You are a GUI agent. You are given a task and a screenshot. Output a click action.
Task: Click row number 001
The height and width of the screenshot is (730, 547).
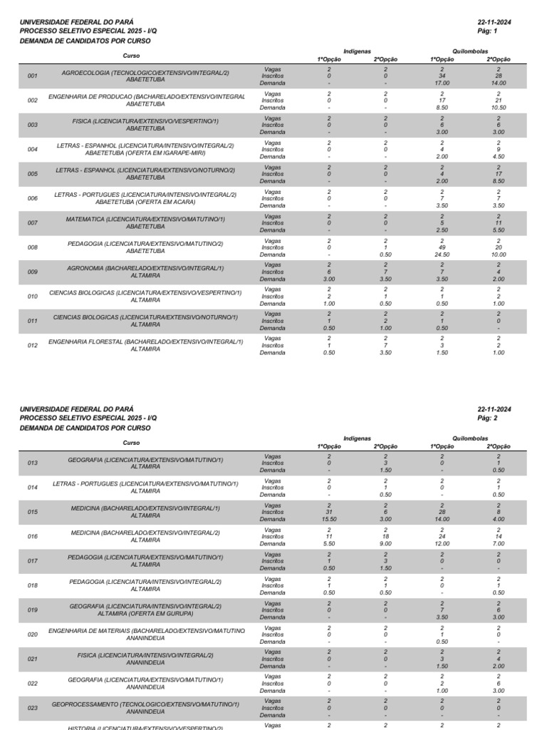click(x=32, y=76)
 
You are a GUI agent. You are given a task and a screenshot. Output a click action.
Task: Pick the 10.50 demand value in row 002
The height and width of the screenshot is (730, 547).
click(x=499, y=107)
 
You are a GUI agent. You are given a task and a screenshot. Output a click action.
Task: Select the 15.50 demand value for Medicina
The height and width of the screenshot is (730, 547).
click(x=329, y=520)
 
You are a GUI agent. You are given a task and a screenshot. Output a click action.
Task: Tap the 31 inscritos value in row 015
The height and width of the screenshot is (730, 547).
click(x=329, y=513)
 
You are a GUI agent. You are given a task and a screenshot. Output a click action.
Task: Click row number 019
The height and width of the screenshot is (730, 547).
click(x=33, y=610)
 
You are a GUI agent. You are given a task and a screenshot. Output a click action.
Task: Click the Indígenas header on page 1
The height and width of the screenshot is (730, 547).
click(x=357, y=51)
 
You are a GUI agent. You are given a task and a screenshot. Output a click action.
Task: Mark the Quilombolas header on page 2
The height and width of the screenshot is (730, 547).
click(x=470, y=438)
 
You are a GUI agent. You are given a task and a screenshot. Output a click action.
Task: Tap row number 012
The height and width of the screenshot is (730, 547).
click(x=32, y=346)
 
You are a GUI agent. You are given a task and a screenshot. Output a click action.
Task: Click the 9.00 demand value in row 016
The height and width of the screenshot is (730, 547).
click(x=385, y=544)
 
